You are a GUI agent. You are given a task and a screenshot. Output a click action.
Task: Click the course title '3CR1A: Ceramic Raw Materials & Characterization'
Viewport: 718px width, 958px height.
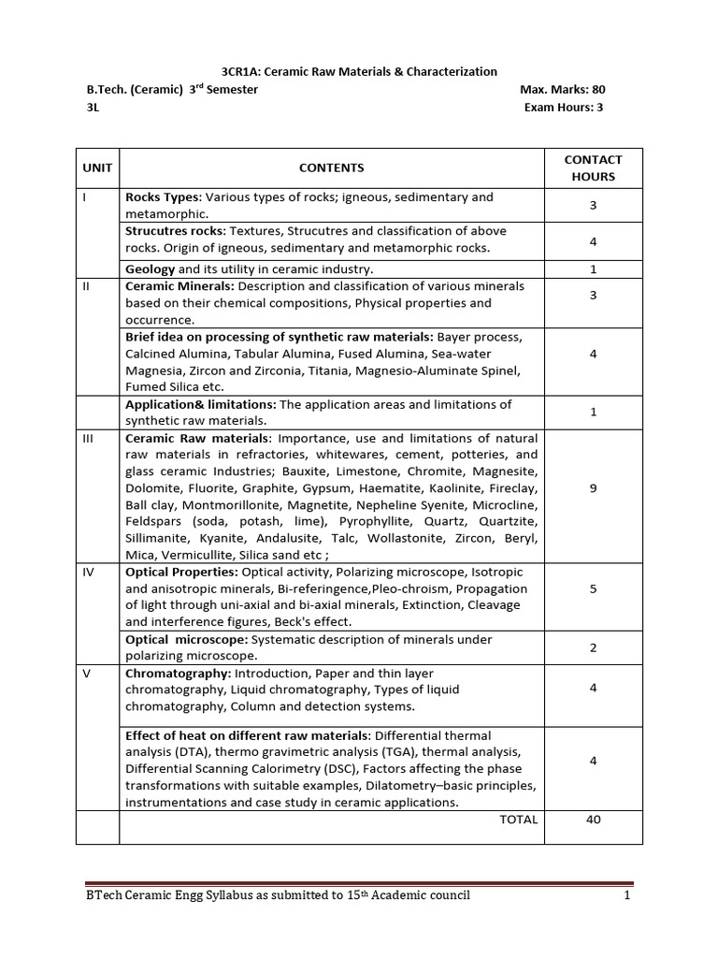pos(359,71)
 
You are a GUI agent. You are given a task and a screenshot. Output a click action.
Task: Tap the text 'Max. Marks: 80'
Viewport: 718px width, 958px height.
pos(563,90)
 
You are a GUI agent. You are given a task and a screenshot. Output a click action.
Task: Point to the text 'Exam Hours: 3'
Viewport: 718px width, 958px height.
pos(564,108)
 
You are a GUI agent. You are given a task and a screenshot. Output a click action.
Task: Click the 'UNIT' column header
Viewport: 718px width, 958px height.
pos(97,167)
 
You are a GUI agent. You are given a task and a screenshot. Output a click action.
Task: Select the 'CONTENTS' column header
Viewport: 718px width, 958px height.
pos(331,167)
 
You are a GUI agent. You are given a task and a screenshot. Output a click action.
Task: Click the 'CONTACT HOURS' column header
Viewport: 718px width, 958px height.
pos(593,167)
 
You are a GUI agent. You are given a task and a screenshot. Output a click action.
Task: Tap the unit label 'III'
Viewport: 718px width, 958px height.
pos(89,438)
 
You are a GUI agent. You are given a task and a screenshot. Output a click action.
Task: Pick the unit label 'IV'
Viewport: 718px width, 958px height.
pos(89,572)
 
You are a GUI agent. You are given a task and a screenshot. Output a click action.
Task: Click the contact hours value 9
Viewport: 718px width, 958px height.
pos(593,487)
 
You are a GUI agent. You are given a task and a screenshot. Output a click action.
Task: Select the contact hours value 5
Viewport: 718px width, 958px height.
pos(593,588)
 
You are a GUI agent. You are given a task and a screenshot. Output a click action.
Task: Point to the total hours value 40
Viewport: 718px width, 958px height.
pos(593,820)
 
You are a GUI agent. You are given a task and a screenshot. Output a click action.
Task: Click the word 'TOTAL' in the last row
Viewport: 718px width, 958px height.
pos(518,820)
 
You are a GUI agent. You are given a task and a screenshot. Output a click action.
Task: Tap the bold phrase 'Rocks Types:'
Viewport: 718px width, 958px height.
pos(163,197)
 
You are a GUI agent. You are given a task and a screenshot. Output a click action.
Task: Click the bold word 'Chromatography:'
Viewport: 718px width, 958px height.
pos(178,673)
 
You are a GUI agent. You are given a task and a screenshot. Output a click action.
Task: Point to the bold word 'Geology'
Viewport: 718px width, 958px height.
pos(150,269)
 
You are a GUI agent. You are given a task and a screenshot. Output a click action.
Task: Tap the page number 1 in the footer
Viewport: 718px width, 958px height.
pos(628,895)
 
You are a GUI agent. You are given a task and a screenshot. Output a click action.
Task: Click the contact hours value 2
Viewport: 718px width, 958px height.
pos(593,647)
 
